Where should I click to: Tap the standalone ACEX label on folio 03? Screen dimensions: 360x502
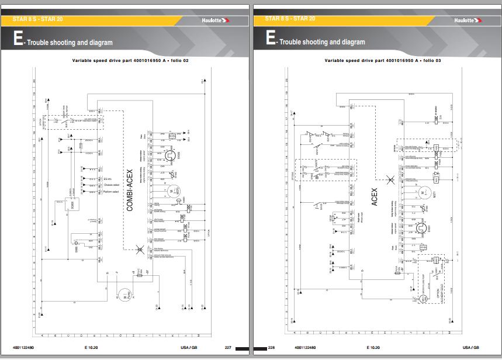pos(375,195)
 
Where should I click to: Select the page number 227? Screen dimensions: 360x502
pos(228,348)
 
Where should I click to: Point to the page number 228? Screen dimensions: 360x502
pos(271,348)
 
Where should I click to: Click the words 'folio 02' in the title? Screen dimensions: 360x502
pos(178,60)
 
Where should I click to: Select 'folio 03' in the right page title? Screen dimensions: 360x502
pos(431,60)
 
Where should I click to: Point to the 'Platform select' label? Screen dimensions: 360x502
pos(111,192)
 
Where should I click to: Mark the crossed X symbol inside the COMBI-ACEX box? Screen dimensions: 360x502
pos(139,250)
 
